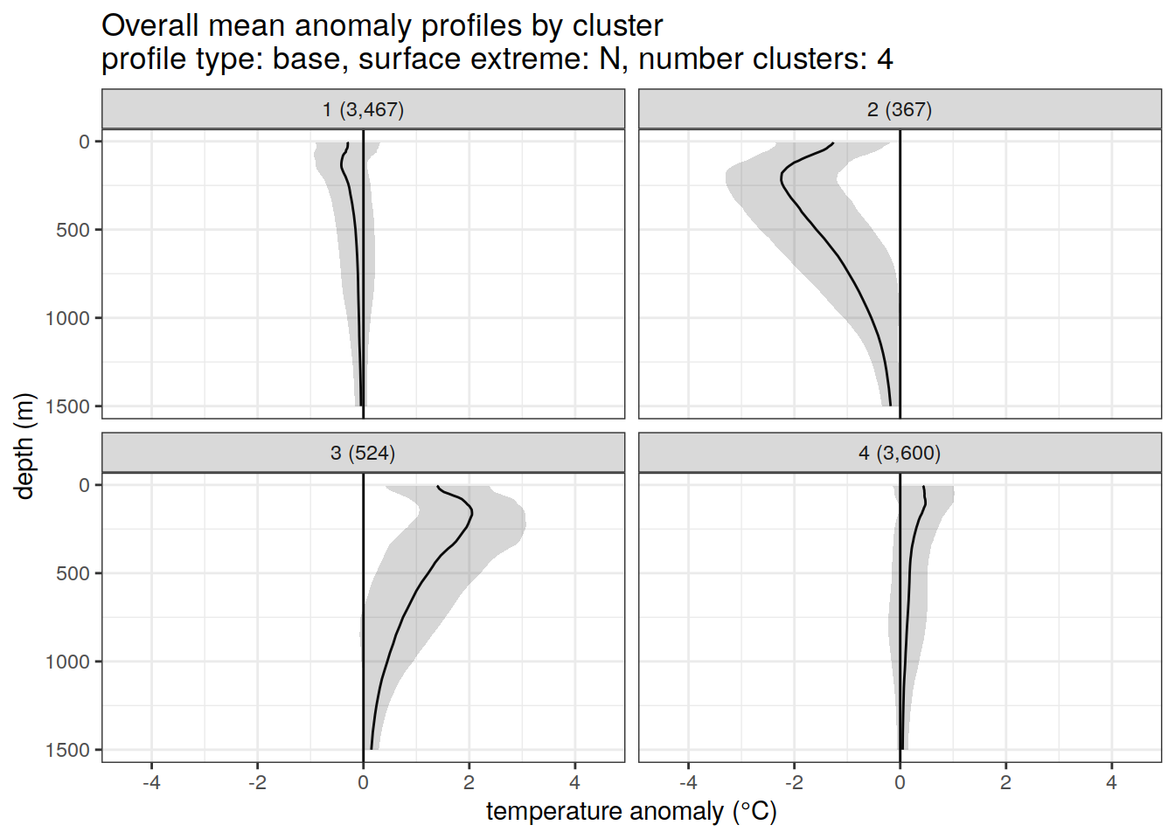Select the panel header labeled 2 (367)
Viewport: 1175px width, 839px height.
tap(900, 109)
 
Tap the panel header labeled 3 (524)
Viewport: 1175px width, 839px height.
tap(363, 453)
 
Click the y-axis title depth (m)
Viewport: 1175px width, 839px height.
tap(24, 446)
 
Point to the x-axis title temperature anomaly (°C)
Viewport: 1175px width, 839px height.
tap(631, 812)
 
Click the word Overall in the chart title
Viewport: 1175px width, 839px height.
tap(150, 26)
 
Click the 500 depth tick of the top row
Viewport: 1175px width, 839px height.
tap(73, 230)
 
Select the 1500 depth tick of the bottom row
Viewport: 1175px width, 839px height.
tap(68, 750)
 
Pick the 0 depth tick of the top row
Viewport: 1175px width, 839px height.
tap(84, 142)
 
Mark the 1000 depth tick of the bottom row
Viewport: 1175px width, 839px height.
tap(68, 662)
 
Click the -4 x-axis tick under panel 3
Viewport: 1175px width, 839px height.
tap(151, 782)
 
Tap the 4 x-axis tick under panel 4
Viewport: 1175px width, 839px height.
tap(1111, 782)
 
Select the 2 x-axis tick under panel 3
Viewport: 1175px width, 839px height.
tap(469, 782)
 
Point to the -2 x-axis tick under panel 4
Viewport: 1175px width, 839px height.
tap(794, 782)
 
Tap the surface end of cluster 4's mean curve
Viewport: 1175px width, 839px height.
tap(923, 487)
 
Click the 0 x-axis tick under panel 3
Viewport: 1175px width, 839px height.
tap(363, 782)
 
